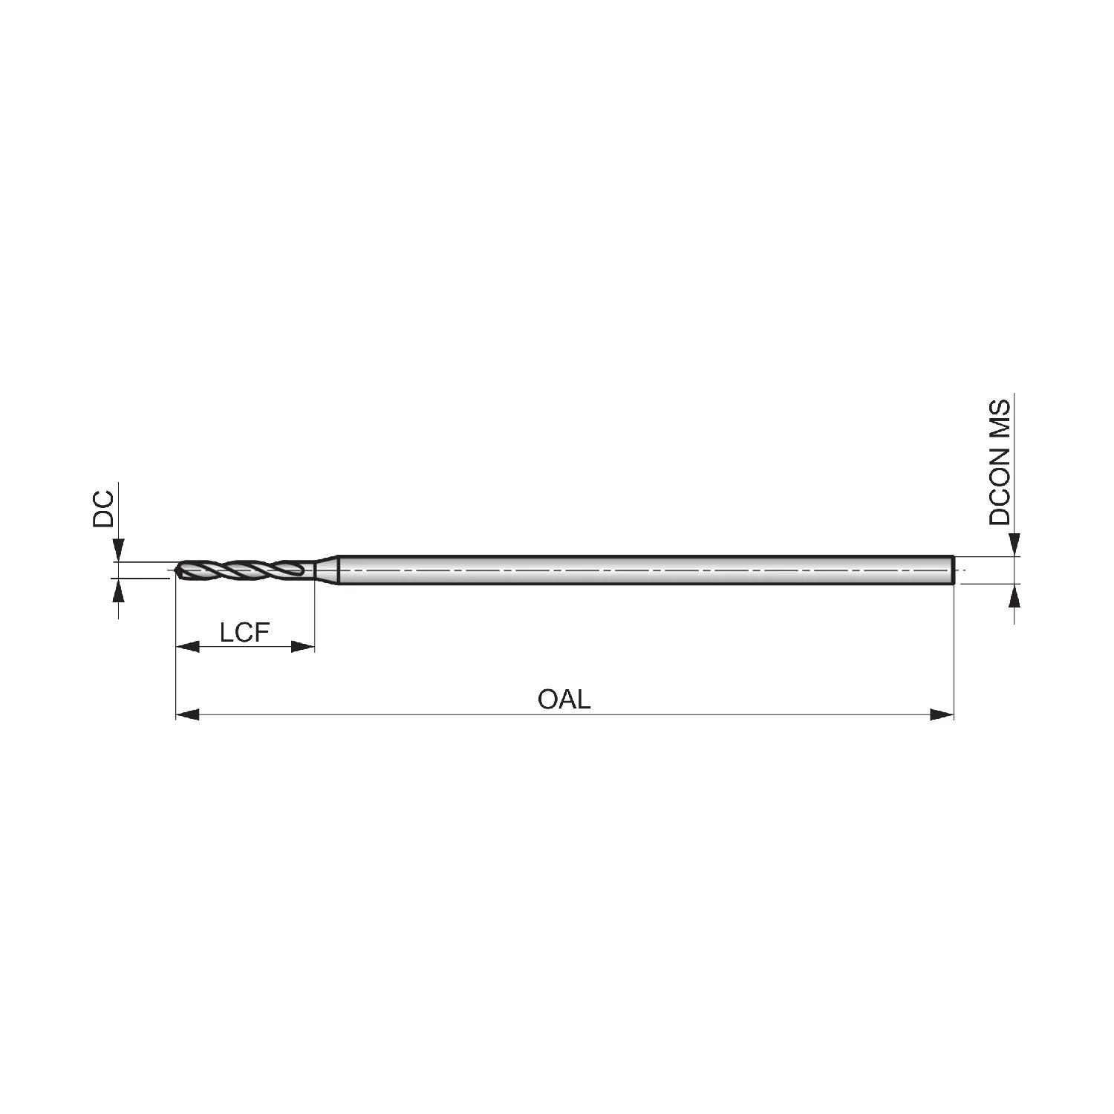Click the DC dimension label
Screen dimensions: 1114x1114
click(103, 508)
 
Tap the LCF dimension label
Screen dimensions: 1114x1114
click(244, 633)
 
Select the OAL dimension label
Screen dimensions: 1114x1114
click(564, 699)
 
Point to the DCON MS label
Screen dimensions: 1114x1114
click(1000, 462)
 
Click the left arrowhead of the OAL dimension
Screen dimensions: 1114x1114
click(187, 714)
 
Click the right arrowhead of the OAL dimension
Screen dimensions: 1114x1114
click(942, 714)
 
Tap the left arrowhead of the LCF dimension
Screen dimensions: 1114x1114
click(187, 647)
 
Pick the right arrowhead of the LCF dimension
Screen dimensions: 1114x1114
click(303, 647)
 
